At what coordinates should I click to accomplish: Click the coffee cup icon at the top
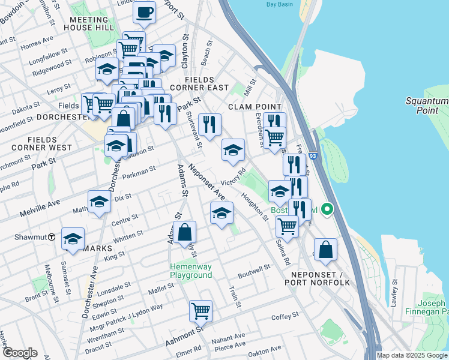tap(144, 12)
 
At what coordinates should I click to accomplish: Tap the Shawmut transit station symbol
tap(52, 237)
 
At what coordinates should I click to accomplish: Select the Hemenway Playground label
tap(191, 271)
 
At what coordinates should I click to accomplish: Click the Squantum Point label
tap(427, 106)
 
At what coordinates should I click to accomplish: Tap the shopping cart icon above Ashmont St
tap(200, 311)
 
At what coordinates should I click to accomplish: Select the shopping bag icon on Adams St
tap(185, 232)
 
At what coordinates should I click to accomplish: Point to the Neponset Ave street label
tap(206, 182)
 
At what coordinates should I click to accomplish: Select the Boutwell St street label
tap(254, 271)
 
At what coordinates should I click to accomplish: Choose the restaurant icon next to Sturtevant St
tap(209, 125)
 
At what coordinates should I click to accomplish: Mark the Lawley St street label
tap(394, 292)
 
